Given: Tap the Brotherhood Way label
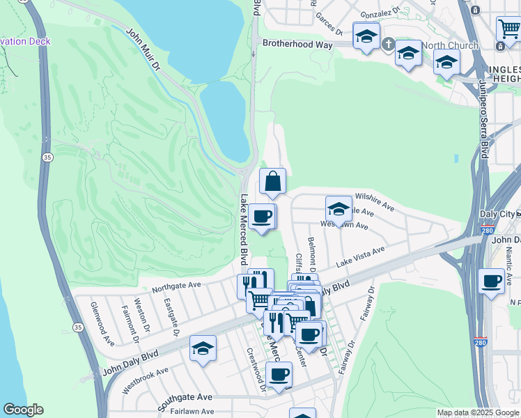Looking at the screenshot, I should click(x=295, y=43).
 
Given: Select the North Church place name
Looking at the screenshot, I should click(x=450, y=46).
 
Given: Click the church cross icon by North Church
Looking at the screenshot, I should click(x=388, y=45).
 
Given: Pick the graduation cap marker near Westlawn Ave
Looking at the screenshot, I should click(x=339, y=209).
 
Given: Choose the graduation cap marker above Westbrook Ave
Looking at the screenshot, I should click(x=203, y=348).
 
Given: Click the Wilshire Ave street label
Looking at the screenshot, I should click(x=375, y=203).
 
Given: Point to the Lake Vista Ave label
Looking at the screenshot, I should click(x=361, y=257).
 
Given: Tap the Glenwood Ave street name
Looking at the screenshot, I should click(x=102, y=323).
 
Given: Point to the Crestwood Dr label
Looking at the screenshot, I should click(x=256, y=369).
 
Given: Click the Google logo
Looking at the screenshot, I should click(x=23, y=410).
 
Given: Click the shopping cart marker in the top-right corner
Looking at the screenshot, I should click(x=508, y=29).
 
